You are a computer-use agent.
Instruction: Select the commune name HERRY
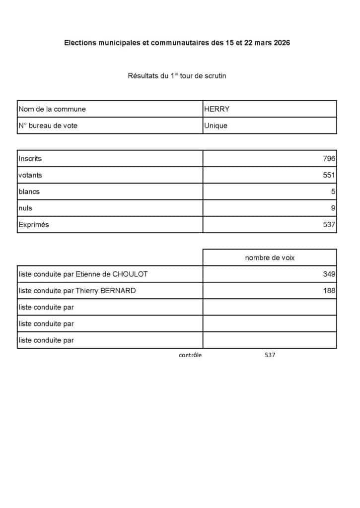pos(216,109)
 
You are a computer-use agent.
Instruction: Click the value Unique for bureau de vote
pos(216,126)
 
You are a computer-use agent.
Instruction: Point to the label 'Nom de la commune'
pos(52,109)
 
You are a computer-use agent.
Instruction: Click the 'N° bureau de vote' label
pos(48,126)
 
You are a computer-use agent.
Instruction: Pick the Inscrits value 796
pos(329,159)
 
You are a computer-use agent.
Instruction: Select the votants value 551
pos(329,175)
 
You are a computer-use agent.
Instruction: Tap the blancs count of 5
pos(333,191)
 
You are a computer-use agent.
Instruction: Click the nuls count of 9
pos(333,208)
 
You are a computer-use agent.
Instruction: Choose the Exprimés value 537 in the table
pos(329,225)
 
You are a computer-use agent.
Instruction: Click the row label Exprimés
pos(34,225)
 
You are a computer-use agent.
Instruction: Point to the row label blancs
pos(29,191)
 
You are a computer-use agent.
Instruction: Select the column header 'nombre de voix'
pos(270,257)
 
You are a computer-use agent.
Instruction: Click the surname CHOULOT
pos(130,274)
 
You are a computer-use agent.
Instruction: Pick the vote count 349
pos(329,274)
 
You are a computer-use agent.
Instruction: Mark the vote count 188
pos(329,291)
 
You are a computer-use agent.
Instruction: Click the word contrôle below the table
pos(190,355)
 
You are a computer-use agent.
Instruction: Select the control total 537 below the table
pos(270,355)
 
